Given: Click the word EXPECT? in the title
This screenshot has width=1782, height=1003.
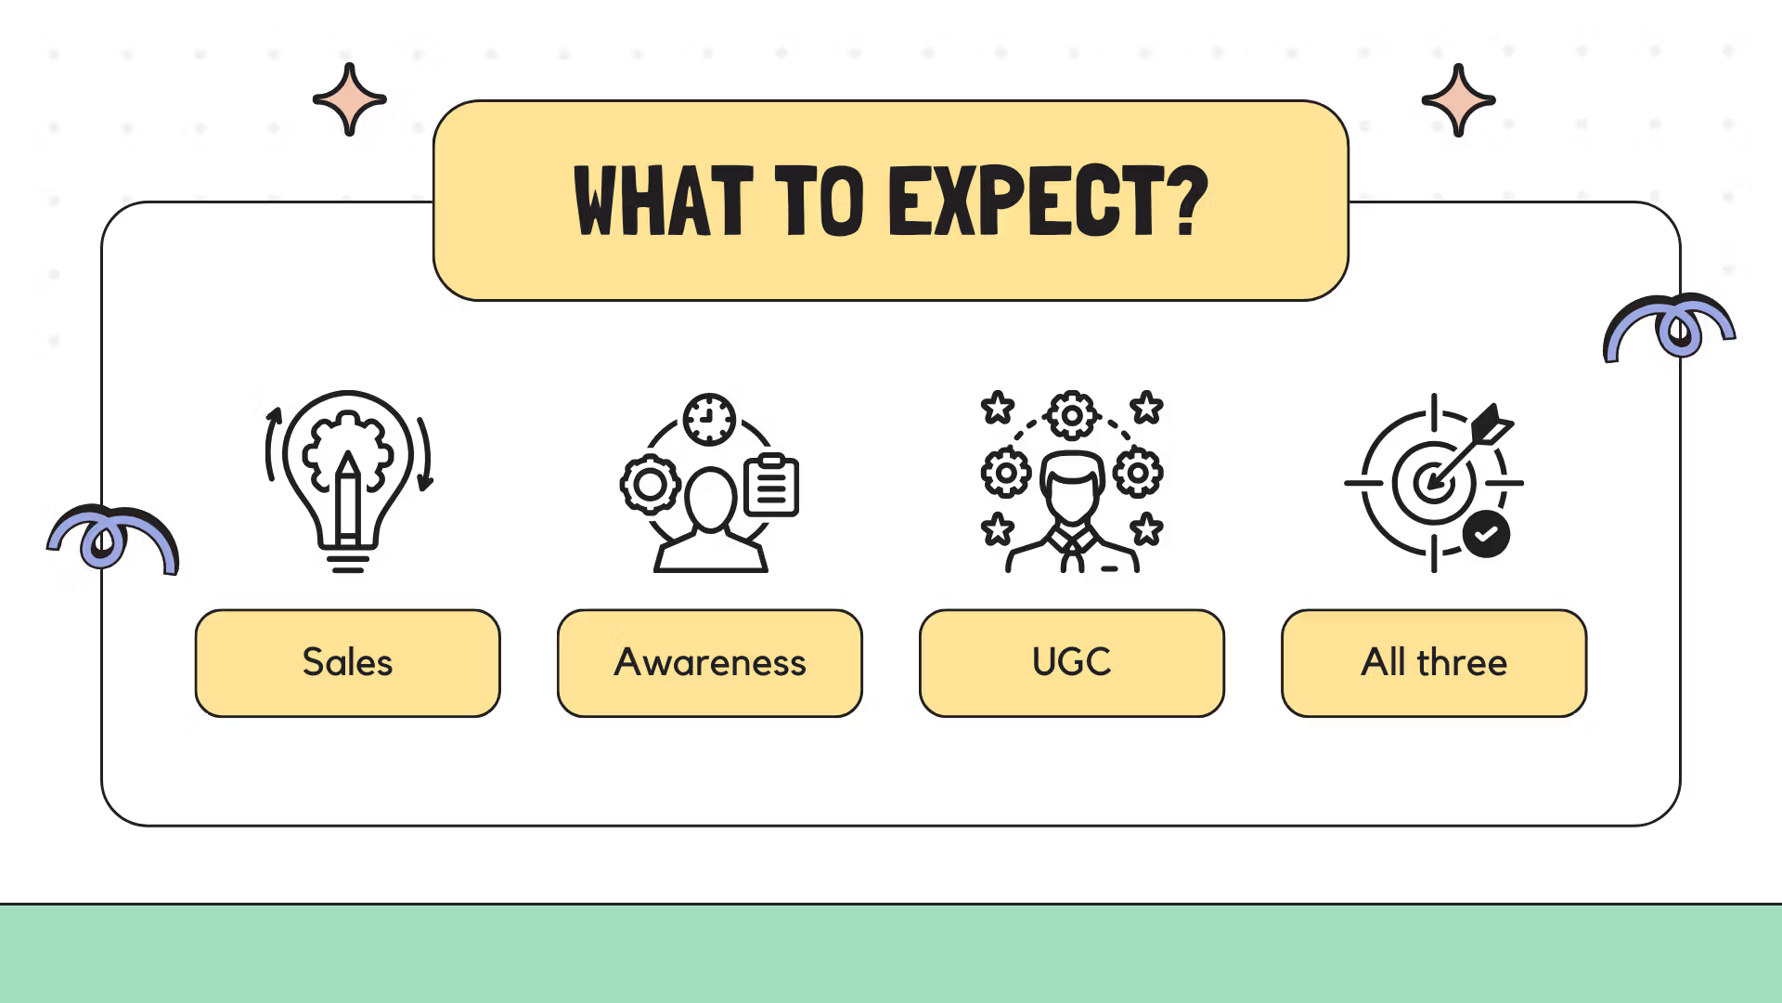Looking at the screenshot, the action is click(x=1049, y=200).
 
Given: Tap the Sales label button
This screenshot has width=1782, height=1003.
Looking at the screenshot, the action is click(x=348, y=663).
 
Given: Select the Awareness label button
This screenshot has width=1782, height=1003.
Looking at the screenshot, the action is click(x=710, y=663).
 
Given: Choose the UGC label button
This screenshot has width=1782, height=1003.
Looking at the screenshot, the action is click(x=1072, y=663).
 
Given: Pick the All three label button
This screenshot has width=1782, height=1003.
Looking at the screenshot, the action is click(x=1434, y=663).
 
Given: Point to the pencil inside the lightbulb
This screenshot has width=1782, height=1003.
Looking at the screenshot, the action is click(x=348, y=498).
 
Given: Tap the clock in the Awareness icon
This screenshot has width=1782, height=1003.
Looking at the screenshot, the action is click(x=710, y=420).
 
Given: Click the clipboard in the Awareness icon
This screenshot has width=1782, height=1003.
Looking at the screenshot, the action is click(x=771, y=485).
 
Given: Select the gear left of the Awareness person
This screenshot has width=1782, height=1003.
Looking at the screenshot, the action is click(x=650, y=485).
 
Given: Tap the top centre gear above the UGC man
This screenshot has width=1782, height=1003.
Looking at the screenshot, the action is click(x=1072, y=415).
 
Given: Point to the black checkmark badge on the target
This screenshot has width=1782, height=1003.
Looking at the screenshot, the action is click(x=1486, y=534).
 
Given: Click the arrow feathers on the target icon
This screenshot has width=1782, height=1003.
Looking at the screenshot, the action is click(x=1493, y=423).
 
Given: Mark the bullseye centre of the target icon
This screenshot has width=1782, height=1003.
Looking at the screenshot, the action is click(x=1433, y=483).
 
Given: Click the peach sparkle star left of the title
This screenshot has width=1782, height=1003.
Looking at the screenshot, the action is click(x=350, y=99).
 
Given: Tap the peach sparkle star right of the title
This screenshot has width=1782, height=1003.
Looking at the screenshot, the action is click(x=1458, y=100).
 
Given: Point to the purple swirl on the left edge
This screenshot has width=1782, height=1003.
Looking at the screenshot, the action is click(x=112, y=537).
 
